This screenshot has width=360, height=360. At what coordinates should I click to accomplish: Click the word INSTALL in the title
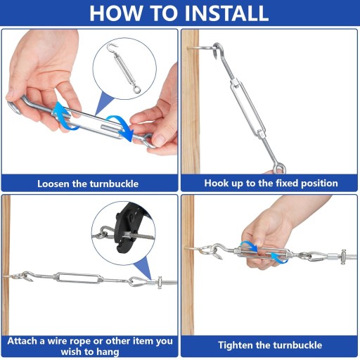tap(226, 13)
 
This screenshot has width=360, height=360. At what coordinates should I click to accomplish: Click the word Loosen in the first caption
tap(53, 184)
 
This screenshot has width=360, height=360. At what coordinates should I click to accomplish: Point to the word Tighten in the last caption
tap(236, 345)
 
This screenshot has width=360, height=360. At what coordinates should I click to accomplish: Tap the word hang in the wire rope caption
tap(108, 352)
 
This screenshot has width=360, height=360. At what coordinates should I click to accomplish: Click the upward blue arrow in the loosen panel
tap(63, 115)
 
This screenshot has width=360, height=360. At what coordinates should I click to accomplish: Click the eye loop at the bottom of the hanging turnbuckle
tap(280, 169)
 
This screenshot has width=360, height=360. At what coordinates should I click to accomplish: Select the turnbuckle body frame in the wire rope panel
tap(77, 278)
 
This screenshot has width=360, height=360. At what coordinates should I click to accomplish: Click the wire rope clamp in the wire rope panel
tap(160, 283)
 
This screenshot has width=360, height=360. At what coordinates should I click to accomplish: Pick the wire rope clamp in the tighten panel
tap(344, 257)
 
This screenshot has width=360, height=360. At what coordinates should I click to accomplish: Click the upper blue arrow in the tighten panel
tap(249, 246)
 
